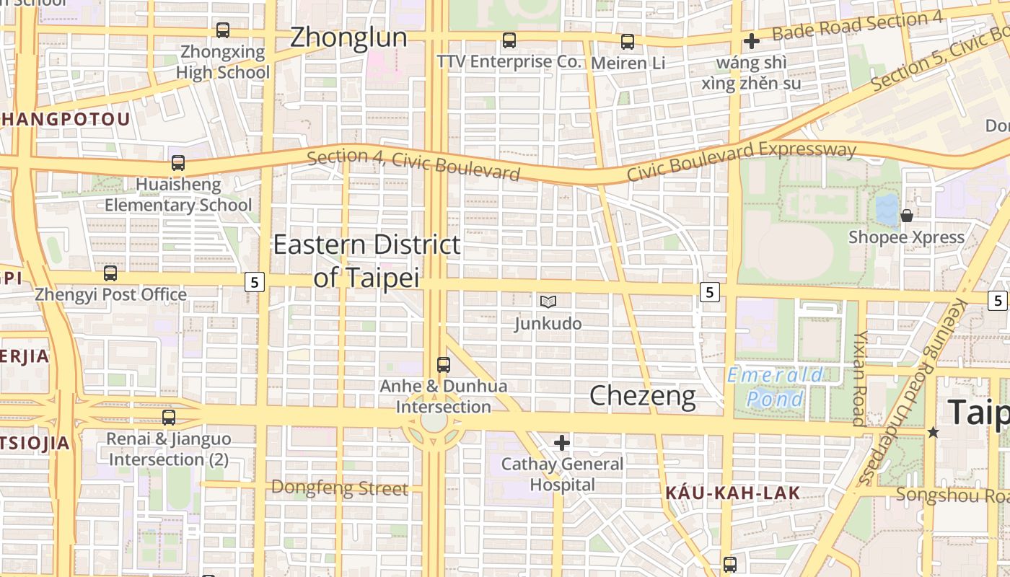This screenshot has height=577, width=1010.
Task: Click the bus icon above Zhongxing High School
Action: [223, 30]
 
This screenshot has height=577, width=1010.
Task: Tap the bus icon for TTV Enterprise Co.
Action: [509, 40]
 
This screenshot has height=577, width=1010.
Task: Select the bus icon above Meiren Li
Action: [628, 42]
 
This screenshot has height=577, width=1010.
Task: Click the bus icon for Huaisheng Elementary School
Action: [178, 163]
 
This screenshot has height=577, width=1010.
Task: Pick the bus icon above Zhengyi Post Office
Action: [110, 273]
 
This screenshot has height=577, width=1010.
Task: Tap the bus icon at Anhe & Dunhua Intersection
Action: [444, 365]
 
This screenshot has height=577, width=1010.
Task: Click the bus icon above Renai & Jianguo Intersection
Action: [169, 418]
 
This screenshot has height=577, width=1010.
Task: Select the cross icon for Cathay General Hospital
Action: [562, 442]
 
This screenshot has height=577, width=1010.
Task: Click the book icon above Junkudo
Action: [548, 301]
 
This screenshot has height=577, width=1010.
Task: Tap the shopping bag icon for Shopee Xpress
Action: [907, 215]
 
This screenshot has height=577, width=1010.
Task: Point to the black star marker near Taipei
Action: [933, 432]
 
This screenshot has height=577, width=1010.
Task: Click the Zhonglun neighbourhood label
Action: [348, 38]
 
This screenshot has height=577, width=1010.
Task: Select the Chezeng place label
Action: [642, 395]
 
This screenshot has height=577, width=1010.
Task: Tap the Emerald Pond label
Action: [775, 387]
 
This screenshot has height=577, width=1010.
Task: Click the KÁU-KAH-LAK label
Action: [732, 493]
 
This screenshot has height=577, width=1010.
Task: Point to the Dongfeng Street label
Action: [340, 488]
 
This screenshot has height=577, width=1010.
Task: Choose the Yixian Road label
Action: [859, 379]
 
